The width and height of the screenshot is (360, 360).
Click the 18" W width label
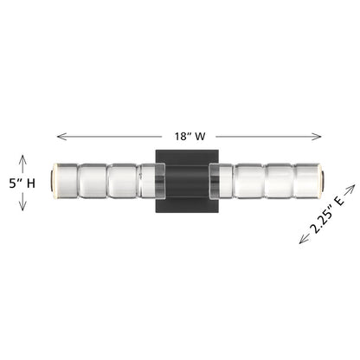[x=190, y=136]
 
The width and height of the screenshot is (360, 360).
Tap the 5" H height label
[x=22, y=183]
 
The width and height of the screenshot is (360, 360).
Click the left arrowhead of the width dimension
[x=61, y=137]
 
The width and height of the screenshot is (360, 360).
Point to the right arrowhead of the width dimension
[x=317, y=137]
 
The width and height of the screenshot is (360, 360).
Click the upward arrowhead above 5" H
[x=22, y=159]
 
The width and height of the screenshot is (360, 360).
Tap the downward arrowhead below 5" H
[x=22, y=205]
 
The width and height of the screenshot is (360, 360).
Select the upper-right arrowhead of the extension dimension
[x=350, y=189]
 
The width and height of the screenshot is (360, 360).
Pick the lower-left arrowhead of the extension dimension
[x=304, y=239]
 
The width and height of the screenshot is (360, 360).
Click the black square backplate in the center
[x=187, y=181]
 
